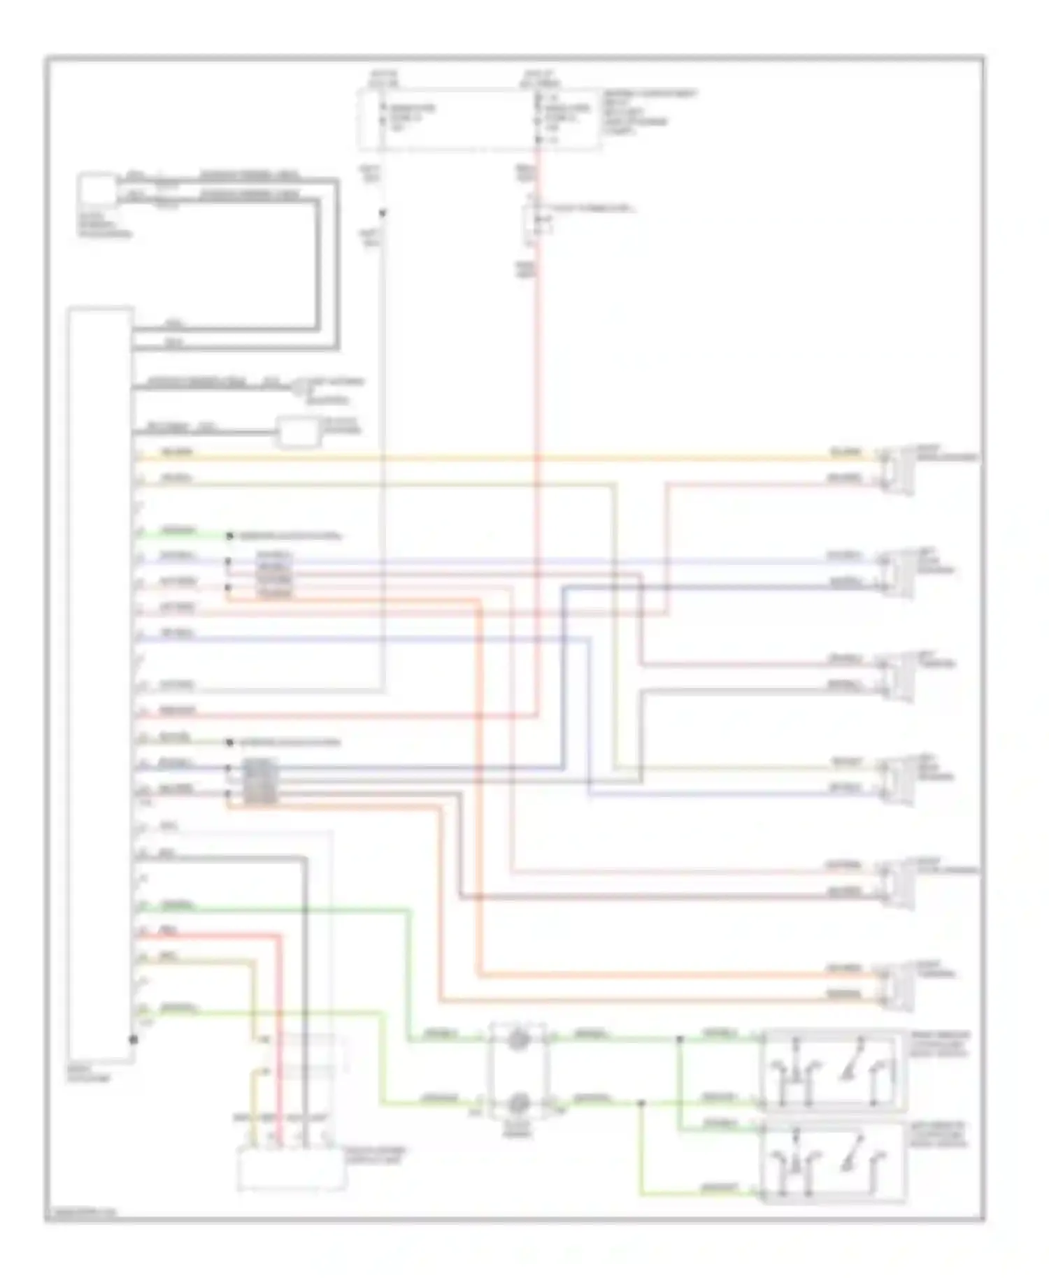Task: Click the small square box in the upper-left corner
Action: click(97, 190)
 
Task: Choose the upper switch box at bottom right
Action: click(832, 1070)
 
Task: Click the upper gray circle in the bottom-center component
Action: click(518, 1040)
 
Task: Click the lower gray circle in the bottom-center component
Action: click(518, 1103)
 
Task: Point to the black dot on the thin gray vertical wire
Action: click(383, 213)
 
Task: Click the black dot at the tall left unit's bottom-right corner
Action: click(133, 1040)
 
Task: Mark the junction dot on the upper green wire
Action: click(679, 1040)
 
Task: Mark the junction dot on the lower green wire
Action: click(641, 1104)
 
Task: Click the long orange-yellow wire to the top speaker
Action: click(490, 459)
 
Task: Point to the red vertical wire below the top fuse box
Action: click(538, 419)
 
